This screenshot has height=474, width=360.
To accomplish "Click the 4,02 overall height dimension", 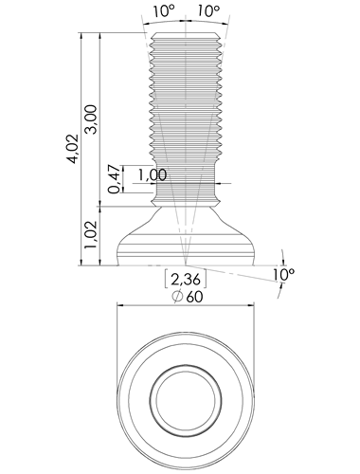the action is [x=73, y=149].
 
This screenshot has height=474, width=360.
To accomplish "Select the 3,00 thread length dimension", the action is [x=92, y=119].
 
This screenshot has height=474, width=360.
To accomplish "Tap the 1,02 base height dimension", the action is [x=92, y=234].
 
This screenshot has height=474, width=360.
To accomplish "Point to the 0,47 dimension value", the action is [x=115, y=179].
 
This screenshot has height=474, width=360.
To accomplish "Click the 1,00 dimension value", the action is [x=153, y=174].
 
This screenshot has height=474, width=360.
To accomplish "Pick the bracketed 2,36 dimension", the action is [x=186, y=279].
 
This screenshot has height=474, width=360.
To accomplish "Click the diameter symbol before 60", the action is [x=177, y=297].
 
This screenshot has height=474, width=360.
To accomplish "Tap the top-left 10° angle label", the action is [x=164, y=11].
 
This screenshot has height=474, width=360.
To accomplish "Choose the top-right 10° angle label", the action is [x=208, y=11].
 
